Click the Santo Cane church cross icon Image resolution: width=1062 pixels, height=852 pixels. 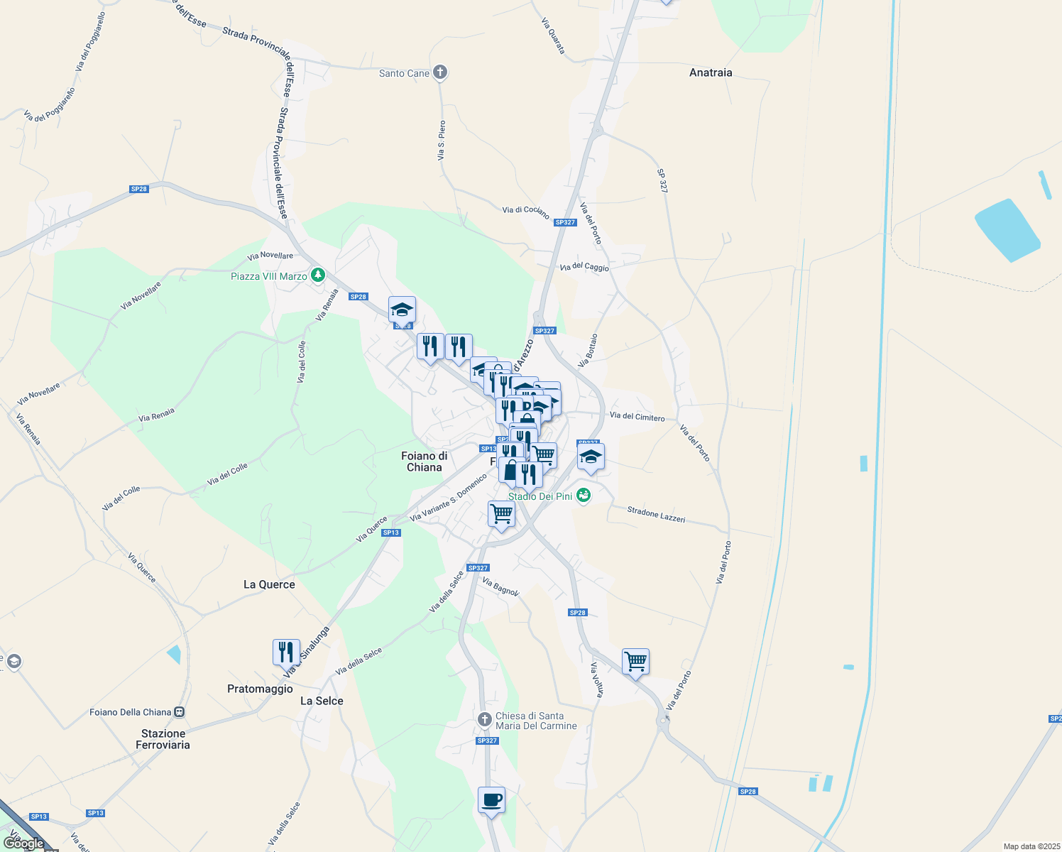pos(440,72)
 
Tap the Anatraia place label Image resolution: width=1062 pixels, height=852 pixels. pos(711,72)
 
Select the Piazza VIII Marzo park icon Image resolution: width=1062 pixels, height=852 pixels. pos(318,275)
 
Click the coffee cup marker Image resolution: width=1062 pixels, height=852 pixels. pos(491,800)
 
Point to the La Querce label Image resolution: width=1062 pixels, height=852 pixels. pos(269,584)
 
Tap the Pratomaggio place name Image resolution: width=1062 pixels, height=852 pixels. pos(260,689)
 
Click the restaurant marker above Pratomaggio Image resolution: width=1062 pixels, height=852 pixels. pos(286,652)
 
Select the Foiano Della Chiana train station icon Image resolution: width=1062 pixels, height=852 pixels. pos(180,712)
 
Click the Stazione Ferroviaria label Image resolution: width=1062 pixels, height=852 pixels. pos(163,739)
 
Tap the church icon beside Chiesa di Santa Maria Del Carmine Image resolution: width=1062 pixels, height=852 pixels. pos(485,721)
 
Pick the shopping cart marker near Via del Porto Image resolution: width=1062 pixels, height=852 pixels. pos(635,662)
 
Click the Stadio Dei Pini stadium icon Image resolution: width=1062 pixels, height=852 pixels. pos(584,496)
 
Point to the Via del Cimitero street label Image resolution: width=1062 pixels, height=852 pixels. pos(637,417)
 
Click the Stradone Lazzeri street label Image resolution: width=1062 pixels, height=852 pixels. pos(656,515)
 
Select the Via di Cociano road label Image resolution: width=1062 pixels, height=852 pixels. pos(525,212)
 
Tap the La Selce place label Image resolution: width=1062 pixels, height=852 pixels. pos(322,701)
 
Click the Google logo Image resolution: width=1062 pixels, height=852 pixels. pos(23,843)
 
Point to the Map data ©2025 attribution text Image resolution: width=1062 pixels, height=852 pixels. pos(1031,846)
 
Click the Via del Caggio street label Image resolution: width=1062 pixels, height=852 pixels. pos(584,267)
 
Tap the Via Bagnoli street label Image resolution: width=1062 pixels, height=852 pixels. pos(500,587)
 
